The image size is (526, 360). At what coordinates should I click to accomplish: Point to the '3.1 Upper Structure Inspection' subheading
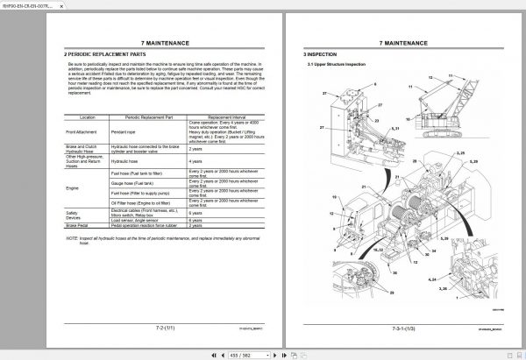tap(338, 65)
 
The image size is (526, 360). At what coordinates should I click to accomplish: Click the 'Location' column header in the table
tap(87, 116)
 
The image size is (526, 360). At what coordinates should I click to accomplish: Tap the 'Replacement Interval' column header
tap(215, 116)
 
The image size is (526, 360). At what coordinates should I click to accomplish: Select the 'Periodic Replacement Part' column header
tap(145, 116)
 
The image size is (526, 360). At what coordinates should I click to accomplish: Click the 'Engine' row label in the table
tap(74, 187)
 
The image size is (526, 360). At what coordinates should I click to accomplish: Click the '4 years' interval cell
tap(196, 161)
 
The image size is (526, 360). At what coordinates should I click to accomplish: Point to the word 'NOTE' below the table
tap(73, 237)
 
